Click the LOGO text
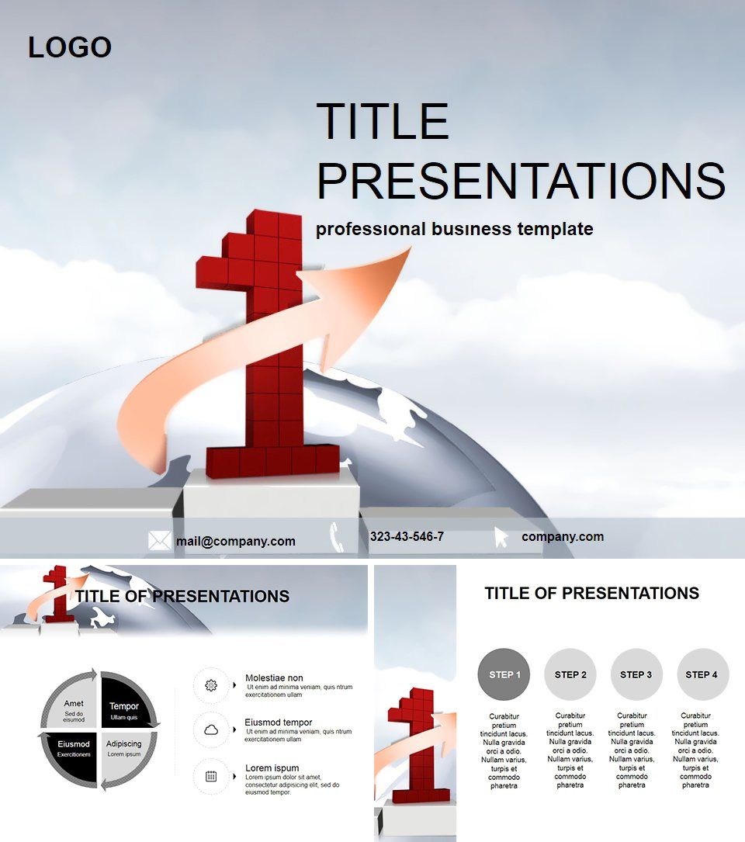[70, 47]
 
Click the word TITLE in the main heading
[383, 121]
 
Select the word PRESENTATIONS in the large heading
[521, 180]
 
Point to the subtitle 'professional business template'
[454, 229]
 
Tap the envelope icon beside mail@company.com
[159, 541]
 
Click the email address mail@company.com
[235, 542]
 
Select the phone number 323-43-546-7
[407, 536]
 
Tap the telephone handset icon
[337, 536]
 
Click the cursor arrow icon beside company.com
[501, 537]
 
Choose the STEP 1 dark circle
[504, 674]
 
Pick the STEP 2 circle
[570, 674]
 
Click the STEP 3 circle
[636, 674]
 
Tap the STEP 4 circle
[702, 674]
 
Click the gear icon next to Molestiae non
[211, 685]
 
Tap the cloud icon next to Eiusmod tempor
[211, 730]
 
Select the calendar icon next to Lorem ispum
[211, 775]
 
